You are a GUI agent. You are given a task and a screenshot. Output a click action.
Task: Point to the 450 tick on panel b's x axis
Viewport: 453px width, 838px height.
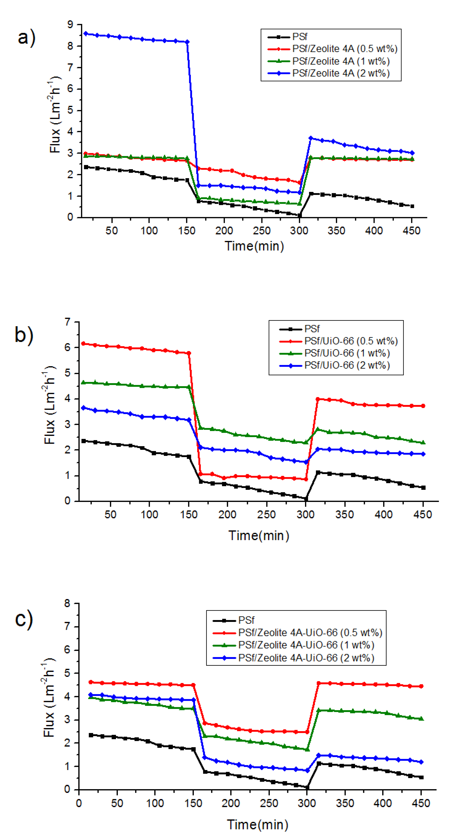click(x=423, y=515)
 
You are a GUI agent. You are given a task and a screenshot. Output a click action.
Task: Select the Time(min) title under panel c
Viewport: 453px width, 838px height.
click(x=258, y=825)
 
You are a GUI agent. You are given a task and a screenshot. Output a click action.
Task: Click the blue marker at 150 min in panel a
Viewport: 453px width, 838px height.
click(x=187, y=42)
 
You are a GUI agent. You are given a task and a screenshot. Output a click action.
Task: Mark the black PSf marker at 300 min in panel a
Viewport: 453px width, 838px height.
click(x=299, y=215)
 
